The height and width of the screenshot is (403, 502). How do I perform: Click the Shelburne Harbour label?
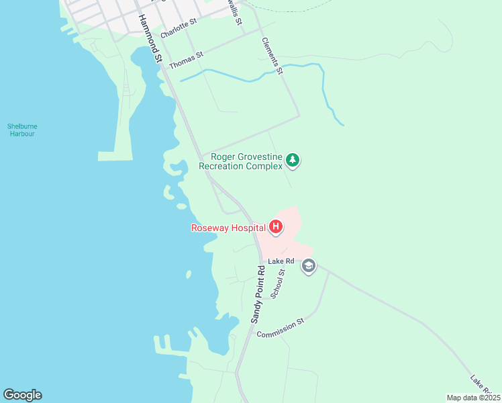coord(21,130)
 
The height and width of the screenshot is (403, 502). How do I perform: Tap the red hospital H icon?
coord(275,227)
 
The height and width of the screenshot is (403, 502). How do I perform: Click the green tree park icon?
coord(292,161)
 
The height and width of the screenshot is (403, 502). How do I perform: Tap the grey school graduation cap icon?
coord(308,266)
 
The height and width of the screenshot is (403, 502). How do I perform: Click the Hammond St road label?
coord(150,40)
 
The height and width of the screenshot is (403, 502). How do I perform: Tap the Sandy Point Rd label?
coord(258,294)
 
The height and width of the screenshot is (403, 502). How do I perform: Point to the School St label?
coord(278,283)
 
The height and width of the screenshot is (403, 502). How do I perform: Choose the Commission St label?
coord(281,328)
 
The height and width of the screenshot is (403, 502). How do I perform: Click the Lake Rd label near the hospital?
coord(281,261)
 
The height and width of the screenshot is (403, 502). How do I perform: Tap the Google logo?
coord(22,395)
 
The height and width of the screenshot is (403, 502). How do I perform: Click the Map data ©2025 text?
coord(473,398)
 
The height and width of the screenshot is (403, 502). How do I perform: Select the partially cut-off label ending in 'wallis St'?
coord(234,12)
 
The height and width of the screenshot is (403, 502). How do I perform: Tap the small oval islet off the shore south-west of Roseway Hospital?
coord(189,274)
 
